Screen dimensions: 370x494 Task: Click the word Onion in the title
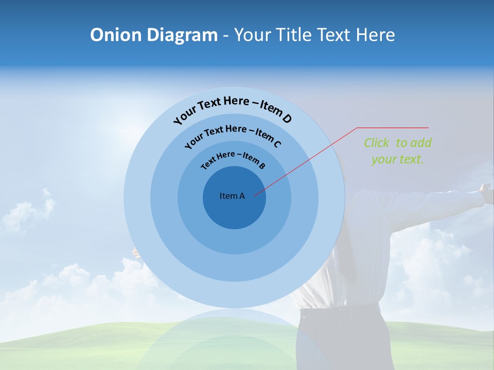pyautogui.click(x=116, y=35)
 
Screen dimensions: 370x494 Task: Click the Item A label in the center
pyautogui.click(x=232, y=196)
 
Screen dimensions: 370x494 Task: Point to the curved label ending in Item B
pyautogui.click(x=233, y=159)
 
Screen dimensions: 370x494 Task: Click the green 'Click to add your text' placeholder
pyautogui.click(x=398, y=151)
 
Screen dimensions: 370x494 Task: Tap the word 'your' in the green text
pyautogui.click(x=383, y=159)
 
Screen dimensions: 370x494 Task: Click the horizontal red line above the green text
pyautogui.click(x=393, y=127)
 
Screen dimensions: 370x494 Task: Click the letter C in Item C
pyautogui.click(x=277, y=143)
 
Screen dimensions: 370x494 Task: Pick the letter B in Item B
pyautogui.click(x=262, y=165)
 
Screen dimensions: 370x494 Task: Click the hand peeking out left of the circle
pyautogui.click(x=135, y=252)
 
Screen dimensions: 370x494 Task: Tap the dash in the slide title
pyautogui.click(x=226, y=35)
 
